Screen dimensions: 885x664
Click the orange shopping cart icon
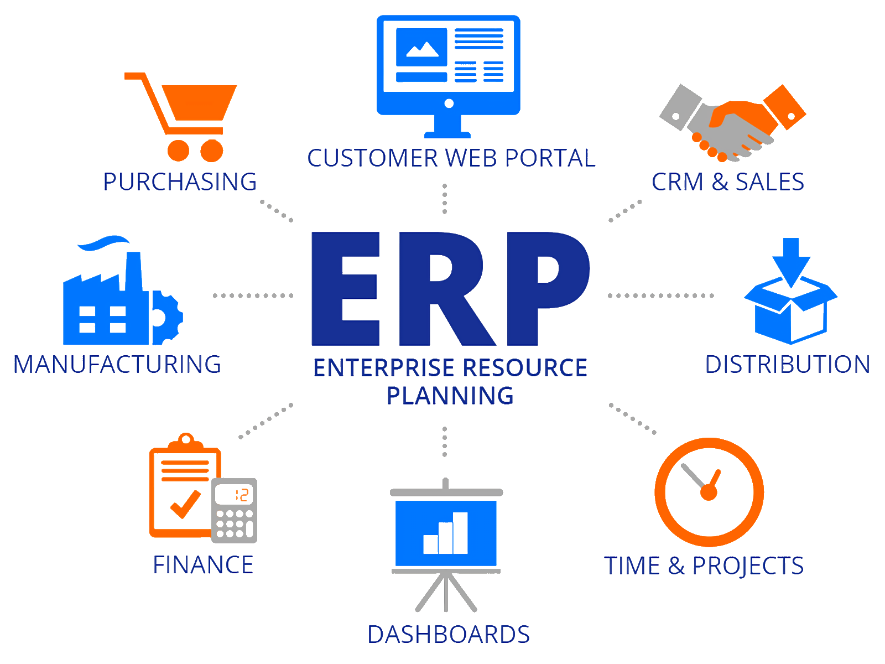(181, 117)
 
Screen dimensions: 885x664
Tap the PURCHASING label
(180, 182)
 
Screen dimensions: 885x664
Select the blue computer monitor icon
(449, 76)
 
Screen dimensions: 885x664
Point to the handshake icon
(732, 123)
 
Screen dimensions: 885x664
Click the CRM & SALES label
(728, 182)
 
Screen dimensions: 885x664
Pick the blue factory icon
(123, 290)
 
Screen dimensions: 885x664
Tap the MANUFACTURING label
(117, 365)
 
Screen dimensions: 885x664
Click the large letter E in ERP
(346, 289)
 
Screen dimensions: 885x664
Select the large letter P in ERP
(548, 289)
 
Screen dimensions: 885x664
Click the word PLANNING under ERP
(450, 396)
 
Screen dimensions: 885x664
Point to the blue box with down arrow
(790, 291)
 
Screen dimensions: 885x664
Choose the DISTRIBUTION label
(788, 365)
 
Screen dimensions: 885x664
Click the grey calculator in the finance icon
(235, 510)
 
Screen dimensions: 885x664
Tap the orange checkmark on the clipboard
(185, 504)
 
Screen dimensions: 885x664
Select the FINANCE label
(203, 565)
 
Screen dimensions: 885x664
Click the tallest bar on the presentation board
(460, 533)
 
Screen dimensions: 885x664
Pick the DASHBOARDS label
(449, 635)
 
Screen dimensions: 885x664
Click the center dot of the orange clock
(709, 492)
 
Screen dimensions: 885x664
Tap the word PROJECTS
(748, 566)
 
